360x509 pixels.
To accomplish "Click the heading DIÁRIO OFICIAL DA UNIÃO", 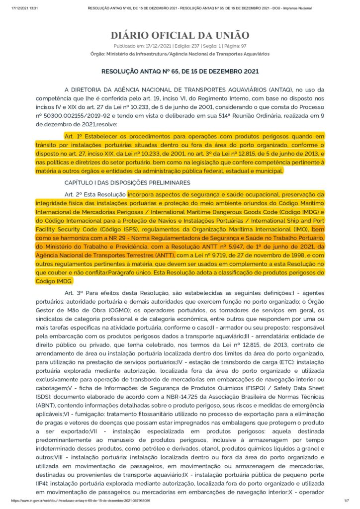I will [180, 35].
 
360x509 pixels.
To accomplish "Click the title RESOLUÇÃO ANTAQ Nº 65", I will [180, 71].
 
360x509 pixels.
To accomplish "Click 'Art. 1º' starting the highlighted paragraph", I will [74, 135].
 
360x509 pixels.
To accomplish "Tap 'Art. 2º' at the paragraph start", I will [74, 194].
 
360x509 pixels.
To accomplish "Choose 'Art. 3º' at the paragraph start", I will [74, 293].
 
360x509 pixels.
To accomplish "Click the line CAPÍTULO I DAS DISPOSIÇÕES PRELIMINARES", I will [127, 182].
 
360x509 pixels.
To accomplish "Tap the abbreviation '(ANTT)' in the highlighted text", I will [173, 255].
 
